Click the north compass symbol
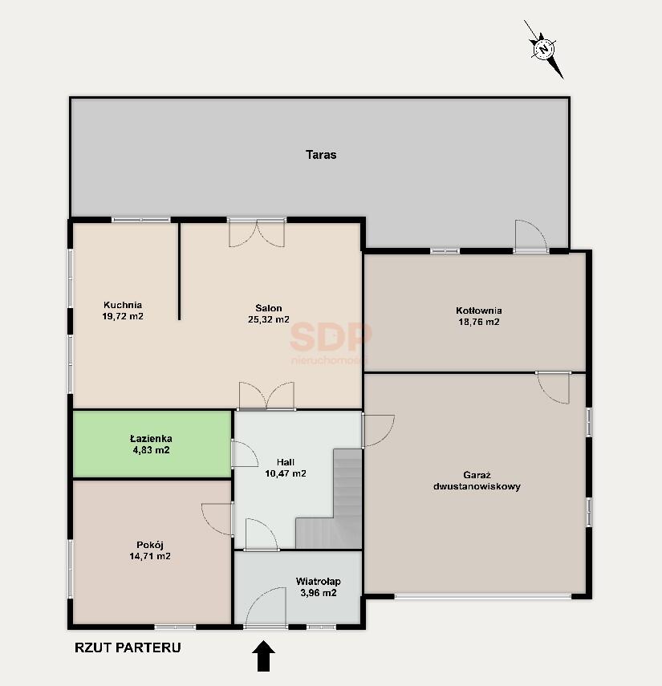(x=544, y=49)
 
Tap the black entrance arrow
(x=263, y=656)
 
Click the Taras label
(x=321, y=155)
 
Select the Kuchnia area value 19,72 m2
(x=123, y=316)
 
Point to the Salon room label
(x=269, y=308)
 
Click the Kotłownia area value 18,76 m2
(x=479, y=322)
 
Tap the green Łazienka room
(x=152, y=444)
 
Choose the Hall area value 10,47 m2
(x=286, y=473)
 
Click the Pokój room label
(x=150, y=545)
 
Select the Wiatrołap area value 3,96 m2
(x=318, y=593)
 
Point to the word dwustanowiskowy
(x=477, y=486)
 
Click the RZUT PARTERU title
(x=128, y=647)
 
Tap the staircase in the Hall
(x=329, y=499)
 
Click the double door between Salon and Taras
(x=257, y=233)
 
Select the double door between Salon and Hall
(x=266, y=396)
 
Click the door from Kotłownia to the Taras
(x=531, y=236)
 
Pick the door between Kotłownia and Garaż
(x=554, y=388)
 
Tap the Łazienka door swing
(x=244, y=454)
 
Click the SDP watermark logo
(x=331, y=341)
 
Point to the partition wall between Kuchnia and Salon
(x=179, y=271)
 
